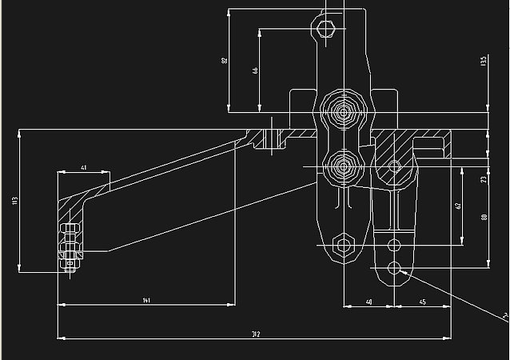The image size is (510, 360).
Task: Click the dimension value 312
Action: coord(255,333)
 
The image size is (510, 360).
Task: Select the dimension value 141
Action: coord(146,300)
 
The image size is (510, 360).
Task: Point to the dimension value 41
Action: coord(83,168)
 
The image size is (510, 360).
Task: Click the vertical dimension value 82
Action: coord(224,59)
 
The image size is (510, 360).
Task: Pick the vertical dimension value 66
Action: coord(255,70)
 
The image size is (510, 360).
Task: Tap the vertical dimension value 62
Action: coord(458,206)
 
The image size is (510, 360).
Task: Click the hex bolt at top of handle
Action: coord(324,30)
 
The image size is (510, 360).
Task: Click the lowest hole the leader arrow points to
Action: coord(394,268)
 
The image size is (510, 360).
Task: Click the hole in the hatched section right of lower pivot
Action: coord(393,166)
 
